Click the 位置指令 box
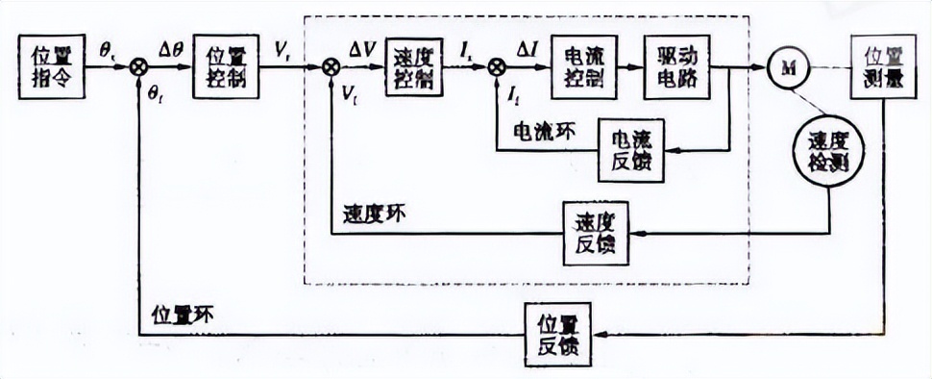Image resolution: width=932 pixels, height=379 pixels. point(51,65)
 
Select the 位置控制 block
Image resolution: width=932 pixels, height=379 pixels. point(225,65)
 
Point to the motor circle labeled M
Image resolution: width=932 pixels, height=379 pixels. point(789,65)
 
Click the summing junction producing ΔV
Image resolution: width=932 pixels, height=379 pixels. point(331,66)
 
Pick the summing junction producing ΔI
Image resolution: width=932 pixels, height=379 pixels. point(497,66)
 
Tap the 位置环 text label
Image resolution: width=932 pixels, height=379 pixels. point(182,313)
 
